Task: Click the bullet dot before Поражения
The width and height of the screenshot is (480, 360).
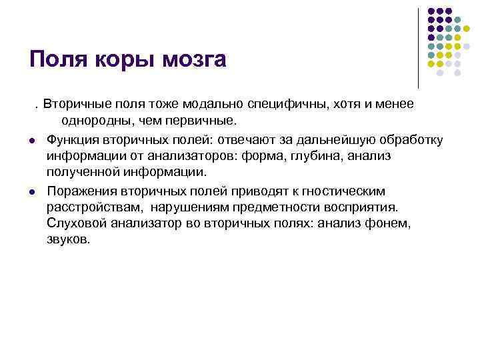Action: pos(31,191)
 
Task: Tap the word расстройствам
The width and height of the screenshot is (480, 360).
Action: pos(94,207)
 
